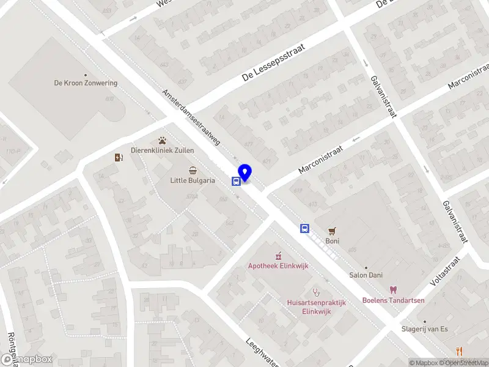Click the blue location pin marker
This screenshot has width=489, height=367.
[x=245, y=173]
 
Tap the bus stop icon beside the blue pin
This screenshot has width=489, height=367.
[x=235, y=181]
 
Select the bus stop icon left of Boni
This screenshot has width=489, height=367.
[x=304, y=229]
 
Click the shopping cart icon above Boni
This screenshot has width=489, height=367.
[x=332, y=231]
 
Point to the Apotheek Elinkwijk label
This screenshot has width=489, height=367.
[x=278, y=265]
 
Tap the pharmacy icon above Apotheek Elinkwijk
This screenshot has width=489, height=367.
[x=278, y=256]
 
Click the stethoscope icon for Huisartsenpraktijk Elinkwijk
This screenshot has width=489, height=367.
[x=316, y=292]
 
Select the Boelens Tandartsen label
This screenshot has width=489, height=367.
[x=392, y=300]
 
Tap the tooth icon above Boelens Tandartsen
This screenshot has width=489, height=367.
[x=392, y=290]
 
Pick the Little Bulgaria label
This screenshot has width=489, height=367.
[x=193, y=180]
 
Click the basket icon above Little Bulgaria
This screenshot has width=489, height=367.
[x=193, y=170]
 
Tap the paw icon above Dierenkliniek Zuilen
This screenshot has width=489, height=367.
[x=163, y=140]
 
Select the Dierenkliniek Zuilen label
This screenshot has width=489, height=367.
[x=163, y=150]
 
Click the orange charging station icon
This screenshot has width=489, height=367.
[x=119, y=157]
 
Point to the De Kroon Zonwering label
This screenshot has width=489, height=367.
[x=86, y=83]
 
